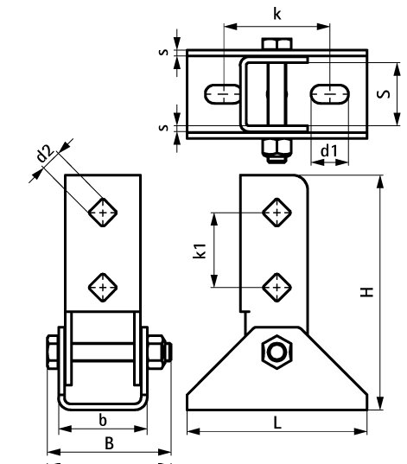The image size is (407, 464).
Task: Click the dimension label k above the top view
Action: (276, 15)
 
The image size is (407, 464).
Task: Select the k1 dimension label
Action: (200, 251)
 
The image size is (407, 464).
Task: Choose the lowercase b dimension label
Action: (103, 420)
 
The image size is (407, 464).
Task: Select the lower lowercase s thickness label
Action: (164, 128)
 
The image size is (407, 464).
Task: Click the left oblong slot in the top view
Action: (223, 92)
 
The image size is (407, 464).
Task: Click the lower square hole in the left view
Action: (104, 285)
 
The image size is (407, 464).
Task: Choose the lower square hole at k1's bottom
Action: (276, 284)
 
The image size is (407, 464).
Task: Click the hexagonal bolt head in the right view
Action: (277, 352)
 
